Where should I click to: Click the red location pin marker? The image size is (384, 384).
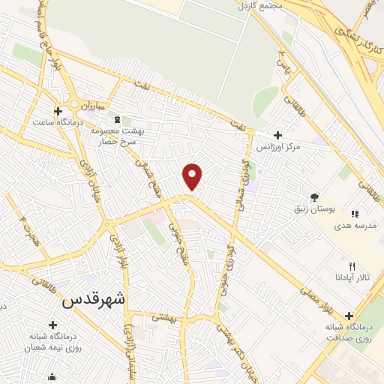click(x=193, y=175)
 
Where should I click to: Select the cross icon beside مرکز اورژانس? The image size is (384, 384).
click(x=278, y=136)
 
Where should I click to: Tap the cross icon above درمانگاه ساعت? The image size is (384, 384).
click(x=57, y=111)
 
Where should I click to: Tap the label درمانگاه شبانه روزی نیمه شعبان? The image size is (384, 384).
click(x=52, y=342)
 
